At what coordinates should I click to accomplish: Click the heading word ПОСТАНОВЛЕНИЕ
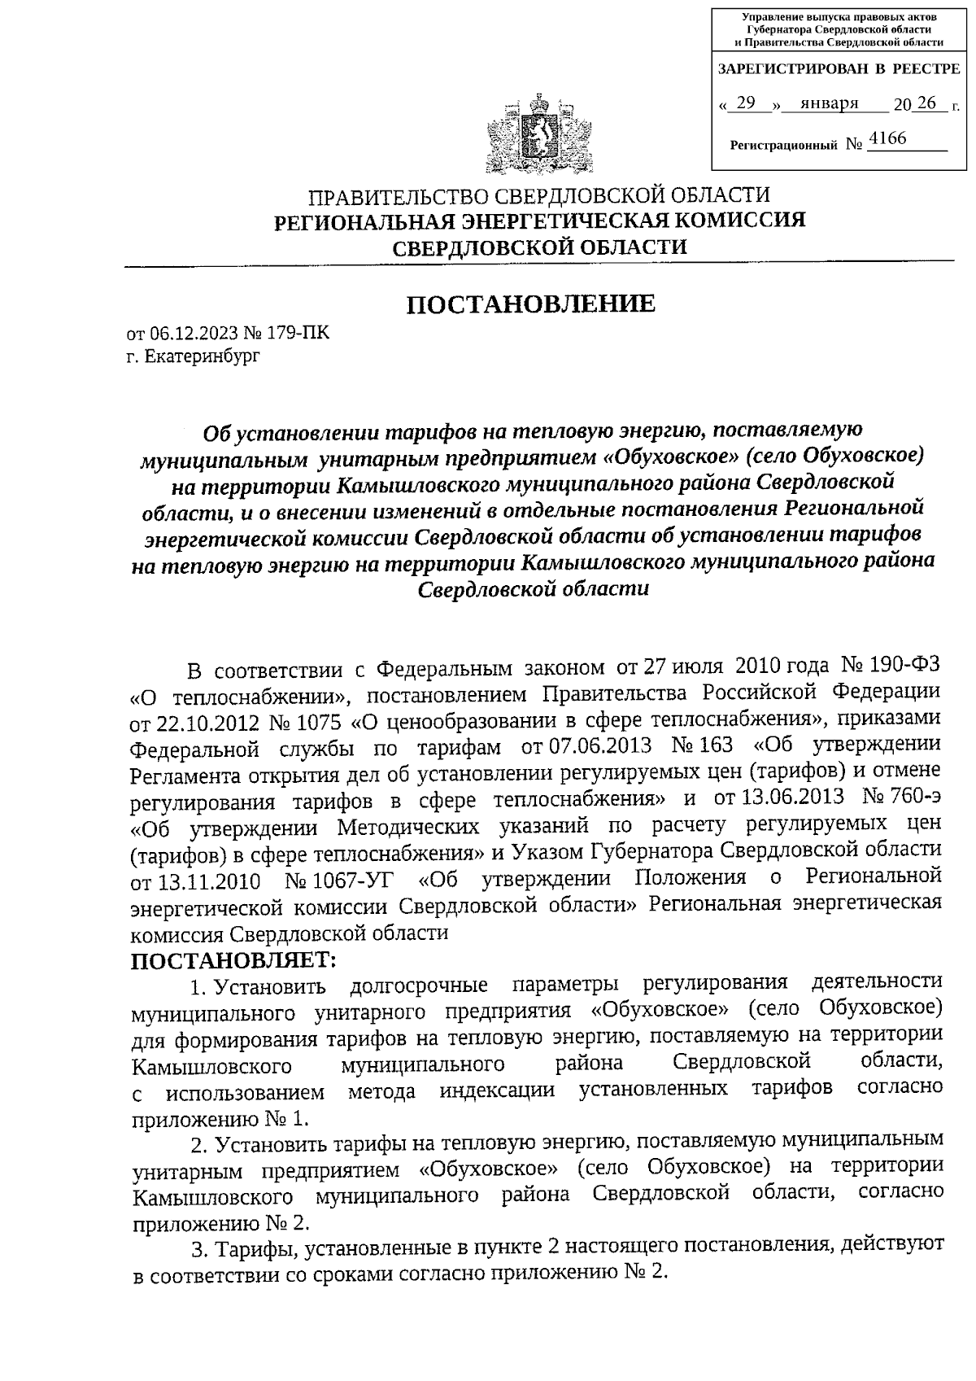click(x=531, y=304)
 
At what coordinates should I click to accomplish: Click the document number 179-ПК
click(x=299, y=334)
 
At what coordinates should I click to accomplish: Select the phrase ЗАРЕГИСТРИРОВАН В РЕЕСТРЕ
click(x=839, y=70)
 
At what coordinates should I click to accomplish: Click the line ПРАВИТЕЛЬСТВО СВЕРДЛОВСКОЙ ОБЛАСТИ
click(x=538, y=197)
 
